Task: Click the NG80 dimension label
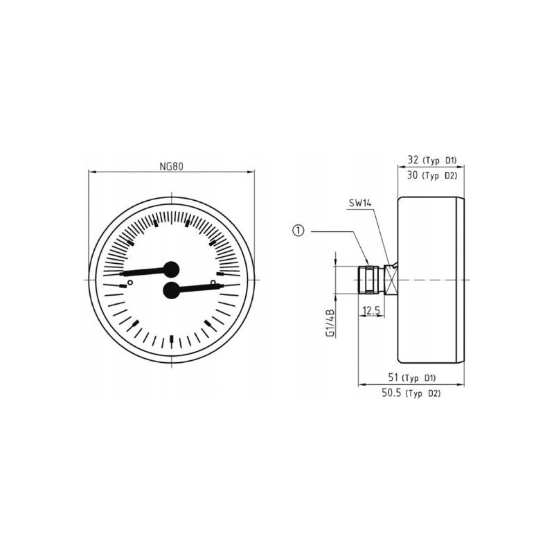(171, 166)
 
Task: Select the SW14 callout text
(360, 203)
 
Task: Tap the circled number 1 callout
(298, 231)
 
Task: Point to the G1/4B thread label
(330, 323)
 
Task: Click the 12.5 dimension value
(371, 310)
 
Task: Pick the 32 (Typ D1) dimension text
(432, 160)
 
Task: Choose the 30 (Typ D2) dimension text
(432, 175)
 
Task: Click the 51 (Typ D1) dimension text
(412, 377)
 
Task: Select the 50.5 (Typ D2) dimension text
(411, 393)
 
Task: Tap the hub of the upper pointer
(171, 269)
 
